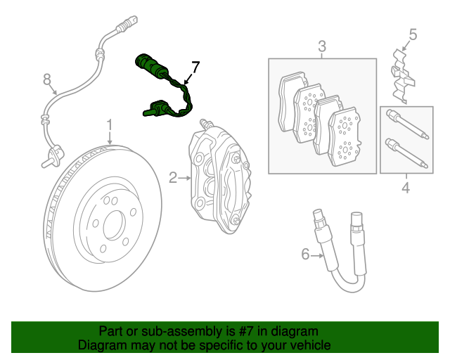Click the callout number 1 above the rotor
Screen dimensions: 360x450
coord(110,126)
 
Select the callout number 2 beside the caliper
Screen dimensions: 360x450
coord(173,178)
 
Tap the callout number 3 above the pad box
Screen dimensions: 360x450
coord(322,47)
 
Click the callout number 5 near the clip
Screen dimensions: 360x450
coord(413,34)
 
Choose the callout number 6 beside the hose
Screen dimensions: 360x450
coord(305,254)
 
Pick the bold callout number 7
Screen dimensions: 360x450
coord(195,67)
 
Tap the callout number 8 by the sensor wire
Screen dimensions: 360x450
coord(47,79)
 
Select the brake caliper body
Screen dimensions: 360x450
coord(218,176)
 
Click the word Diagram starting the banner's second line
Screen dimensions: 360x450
coord(102,345)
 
